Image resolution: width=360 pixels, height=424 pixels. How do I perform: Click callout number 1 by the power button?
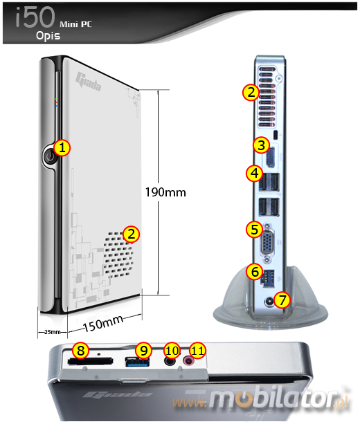pyautogui.click(x=62, y=147)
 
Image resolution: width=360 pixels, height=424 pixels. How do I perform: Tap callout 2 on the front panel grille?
pyautogui.click(x=129, y=233)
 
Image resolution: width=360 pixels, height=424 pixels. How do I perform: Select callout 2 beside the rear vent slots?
pyautogui.click(x=250, y=91)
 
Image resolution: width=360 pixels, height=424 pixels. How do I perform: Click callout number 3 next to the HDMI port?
pyautogui.click(x=260, y=145)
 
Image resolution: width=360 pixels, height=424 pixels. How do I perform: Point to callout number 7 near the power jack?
pyautogui.click(x=281, y=299)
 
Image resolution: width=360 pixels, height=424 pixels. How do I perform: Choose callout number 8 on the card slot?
pyautogui.click(x=81, y=351)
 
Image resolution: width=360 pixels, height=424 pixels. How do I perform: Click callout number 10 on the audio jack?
pyautogui.click(x=172, y=351)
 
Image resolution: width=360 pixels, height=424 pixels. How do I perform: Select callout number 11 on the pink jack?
pyautogui.click(x=198, y=351)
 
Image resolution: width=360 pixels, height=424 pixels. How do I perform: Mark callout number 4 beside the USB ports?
pyautogui.click(x=254, y=173)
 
